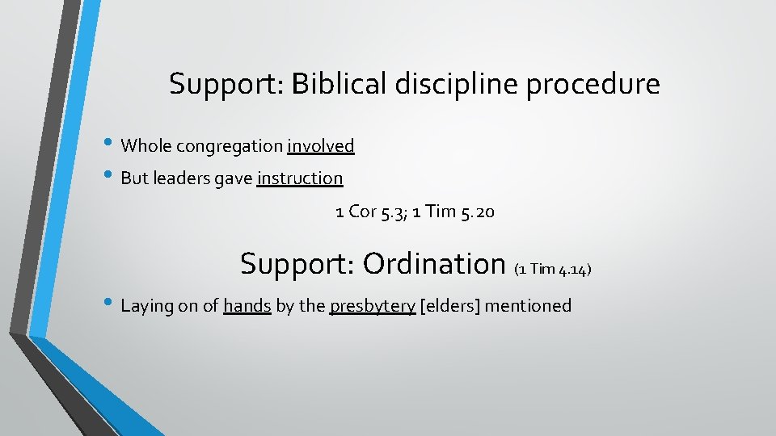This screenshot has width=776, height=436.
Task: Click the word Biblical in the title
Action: [x=340, y=84]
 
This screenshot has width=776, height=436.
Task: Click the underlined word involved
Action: [x=321, y=146]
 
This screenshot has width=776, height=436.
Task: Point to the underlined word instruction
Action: [x=300, y=178]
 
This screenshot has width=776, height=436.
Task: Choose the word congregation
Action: [x=230, y=147]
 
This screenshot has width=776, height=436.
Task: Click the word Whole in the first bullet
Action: [x=146, y=146]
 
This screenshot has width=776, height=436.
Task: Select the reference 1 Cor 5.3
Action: [x=369, y=212]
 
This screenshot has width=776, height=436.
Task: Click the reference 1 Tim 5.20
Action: [x=453, y=212]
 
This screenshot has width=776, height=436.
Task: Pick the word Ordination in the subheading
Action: [x=434, y=263]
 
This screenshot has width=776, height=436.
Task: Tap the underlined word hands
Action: [x=247, y=306]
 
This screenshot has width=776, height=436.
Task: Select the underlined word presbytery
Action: [x=373, y=306]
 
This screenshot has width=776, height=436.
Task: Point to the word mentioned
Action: [x=530, y=306]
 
